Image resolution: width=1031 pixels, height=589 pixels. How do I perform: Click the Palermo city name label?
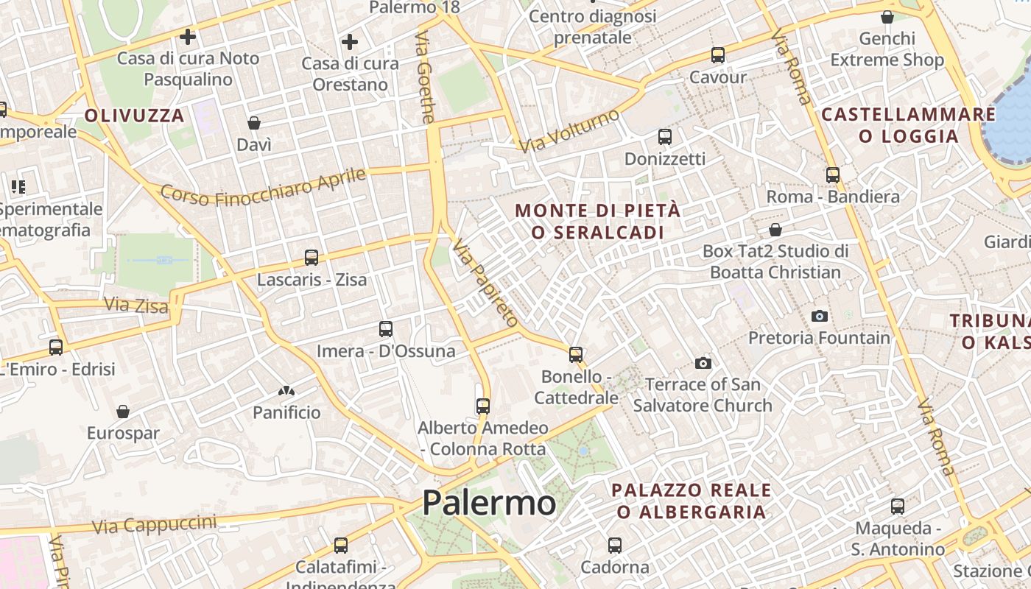[x=489, y=504]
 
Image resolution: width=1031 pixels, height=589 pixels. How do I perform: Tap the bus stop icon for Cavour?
[x=717, y=55]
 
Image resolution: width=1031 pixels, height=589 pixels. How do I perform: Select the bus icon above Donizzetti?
[x=665, y=137]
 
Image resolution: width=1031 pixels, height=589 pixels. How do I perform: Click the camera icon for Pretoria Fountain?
[x=819, y=316]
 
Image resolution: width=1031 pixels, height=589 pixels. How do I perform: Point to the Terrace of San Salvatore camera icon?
[x=703, y=363]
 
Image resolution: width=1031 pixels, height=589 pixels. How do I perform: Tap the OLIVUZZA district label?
[x=134, y=116]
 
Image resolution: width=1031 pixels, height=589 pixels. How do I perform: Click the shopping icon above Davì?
[x=254, y=123]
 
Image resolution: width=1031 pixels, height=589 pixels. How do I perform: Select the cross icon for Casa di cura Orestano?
[x=350, y=42]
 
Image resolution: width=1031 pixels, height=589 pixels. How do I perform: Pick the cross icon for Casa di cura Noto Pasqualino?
[x=188, y=36]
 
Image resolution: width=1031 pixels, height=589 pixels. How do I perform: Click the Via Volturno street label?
[x=569, y=131]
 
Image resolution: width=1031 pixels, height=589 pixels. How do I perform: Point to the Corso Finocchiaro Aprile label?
[x=263, y=187]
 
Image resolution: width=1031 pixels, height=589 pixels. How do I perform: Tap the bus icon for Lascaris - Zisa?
[x=312, y=258]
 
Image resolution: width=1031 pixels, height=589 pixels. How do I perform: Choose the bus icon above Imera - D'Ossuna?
[x=386, y=329]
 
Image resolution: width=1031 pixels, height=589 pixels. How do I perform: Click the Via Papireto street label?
[x=486, y=283]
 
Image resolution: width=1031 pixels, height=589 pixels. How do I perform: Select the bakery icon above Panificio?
[x=286, y=391]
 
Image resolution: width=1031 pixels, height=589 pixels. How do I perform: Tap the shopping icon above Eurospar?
[x=123, y=412]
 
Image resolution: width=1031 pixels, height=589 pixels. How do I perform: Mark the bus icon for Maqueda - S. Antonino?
[x=897, y=507]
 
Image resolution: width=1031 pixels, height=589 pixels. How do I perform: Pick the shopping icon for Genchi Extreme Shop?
[x=887, y=17]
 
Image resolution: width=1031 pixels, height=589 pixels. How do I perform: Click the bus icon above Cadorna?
[x=615, y=546]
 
